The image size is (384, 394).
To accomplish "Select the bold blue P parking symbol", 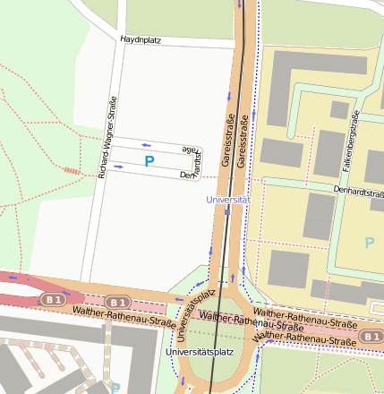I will click(149, 161).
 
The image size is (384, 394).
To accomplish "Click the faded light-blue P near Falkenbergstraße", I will click(370, 243).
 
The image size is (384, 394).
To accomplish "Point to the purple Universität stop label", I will click(226, 199).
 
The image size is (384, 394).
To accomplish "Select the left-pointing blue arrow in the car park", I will click(146, 144).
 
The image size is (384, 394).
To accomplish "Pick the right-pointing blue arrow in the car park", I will click(117, 166).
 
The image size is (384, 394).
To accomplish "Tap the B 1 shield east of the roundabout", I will click(371, 335).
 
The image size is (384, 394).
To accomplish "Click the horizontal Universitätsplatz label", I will click(201, 353).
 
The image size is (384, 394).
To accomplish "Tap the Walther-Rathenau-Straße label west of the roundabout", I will click(112, 315).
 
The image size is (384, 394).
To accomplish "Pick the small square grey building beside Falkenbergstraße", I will click(339, 109).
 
